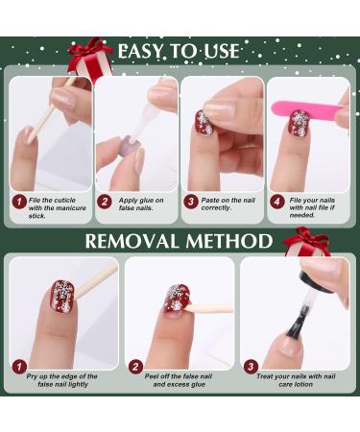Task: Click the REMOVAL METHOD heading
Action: (179, 241)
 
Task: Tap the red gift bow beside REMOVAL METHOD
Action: (306, 241)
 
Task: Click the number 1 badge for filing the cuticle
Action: (18, 203)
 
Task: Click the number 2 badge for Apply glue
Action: (106, 203)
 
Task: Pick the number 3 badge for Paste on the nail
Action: (191, 203)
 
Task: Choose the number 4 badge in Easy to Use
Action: (276, 203)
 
